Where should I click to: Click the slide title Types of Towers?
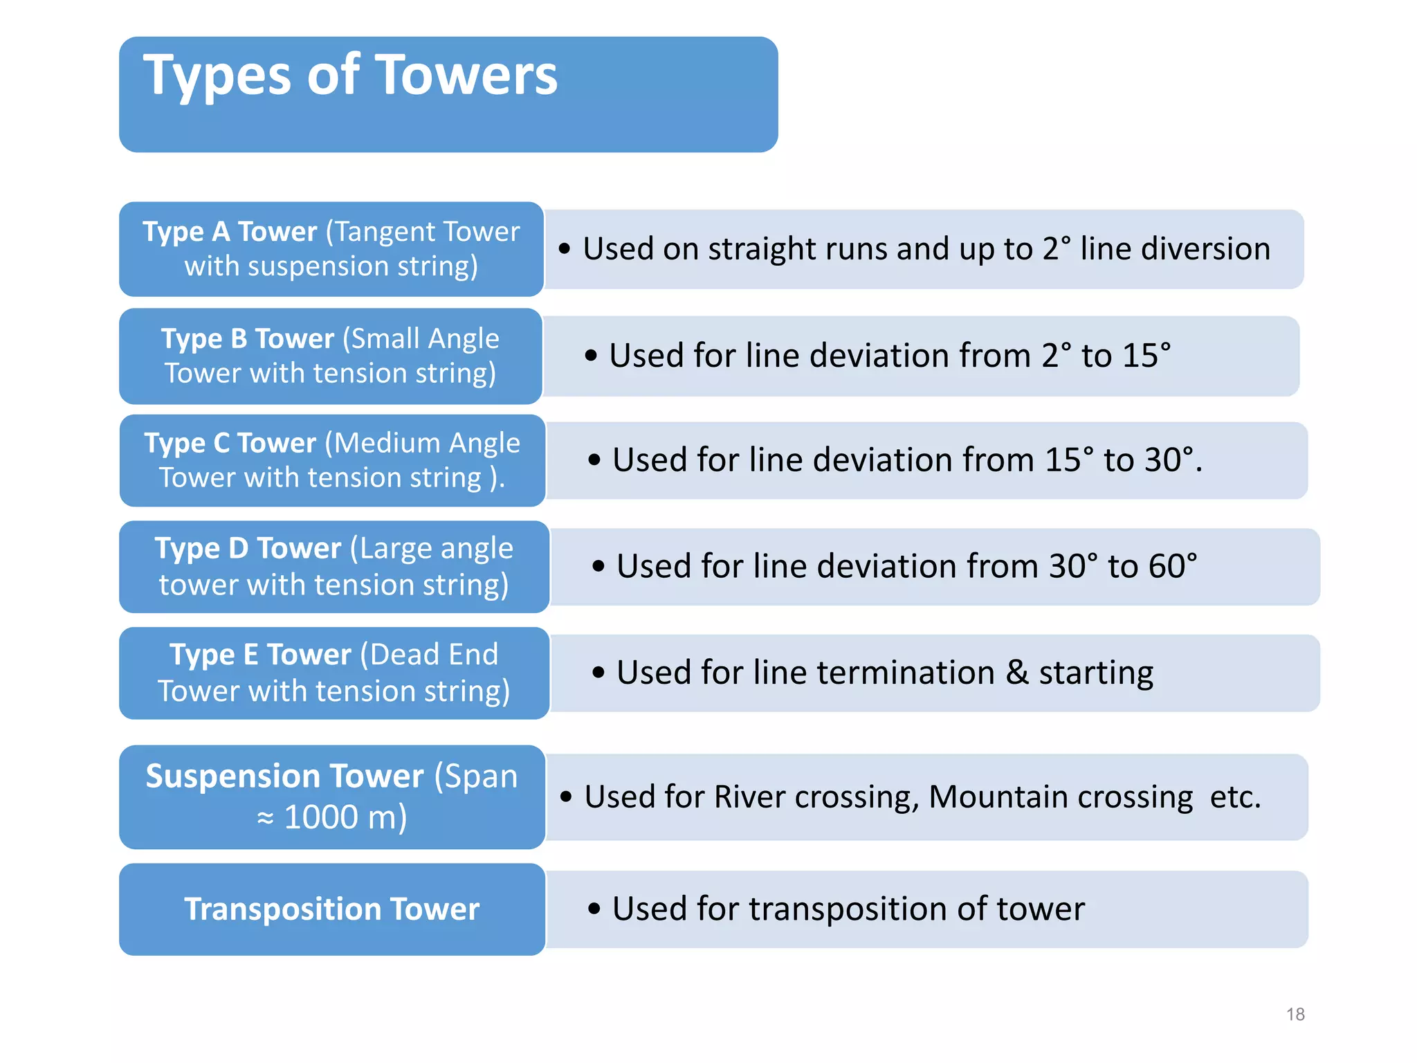point(349,76)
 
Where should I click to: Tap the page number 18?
point(1295,1015)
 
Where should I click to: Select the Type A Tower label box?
point(331,249)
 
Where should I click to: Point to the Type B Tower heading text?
point(247,339)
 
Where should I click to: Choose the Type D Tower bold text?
point(247,549)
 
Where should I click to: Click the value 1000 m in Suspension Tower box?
point(344,817)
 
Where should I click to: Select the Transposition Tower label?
point(331,909)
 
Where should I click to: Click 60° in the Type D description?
point(1172,566)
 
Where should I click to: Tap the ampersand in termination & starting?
point(1016,673)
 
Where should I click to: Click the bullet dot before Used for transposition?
point(594,909)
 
